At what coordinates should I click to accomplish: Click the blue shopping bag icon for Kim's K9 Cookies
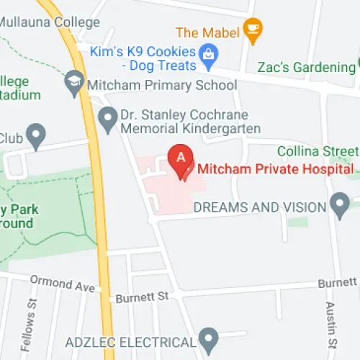(209, 53)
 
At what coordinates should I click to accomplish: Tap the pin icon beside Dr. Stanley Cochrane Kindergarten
(108, 119)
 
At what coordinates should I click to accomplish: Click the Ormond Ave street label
(63, 282)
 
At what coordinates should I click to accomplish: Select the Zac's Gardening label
(307, 68)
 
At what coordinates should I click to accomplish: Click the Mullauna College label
(50, 22)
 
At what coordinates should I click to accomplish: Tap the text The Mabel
(207, 32)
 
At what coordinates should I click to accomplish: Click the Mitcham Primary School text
(161, 86)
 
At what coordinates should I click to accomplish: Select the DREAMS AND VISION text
(260, 207)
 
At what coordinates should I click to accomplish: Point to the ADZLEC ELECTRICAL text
(130, 341)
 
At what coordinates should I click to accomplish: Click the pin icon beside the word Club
(35, 135)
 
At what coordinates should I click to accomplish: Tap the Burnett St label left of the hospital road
(142, 295)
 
